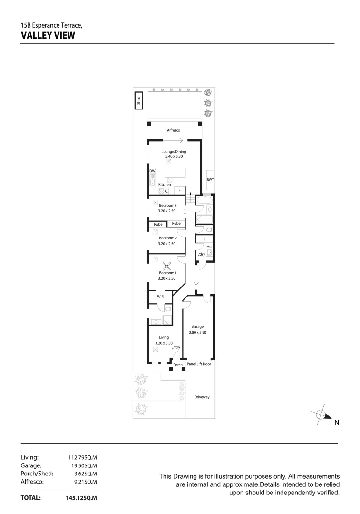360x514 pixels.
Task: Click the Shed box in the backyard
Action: (x=138, y=100)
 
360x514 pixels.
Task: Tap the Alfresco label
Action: (x=174, y=130)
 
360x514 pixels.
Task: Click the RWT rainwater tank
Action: (x=210, y=180)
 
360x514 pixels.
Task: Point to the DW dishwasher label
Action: (x=152, y=171)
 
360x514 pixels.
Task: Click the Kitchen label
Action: (x=165, y=184)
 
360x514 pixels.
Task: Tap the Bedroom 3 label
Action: (x=167, y=205)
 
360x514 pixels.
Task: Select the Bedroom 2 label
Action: (x=167, y=238)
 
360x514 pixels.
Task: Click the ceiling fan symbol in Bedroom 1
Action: (x=167, y=267)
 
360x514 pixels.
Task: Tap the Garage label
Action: (x=197, y=327)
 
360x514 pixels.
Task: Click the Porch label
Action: (x=178, y=365)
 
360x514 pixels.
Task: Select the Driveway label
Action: (x=202, y=397)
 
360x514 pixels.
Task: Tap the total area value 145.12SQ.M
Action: (x=81, y=498)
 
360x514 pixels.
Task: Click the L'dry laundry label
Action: (x=201, y=255)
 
